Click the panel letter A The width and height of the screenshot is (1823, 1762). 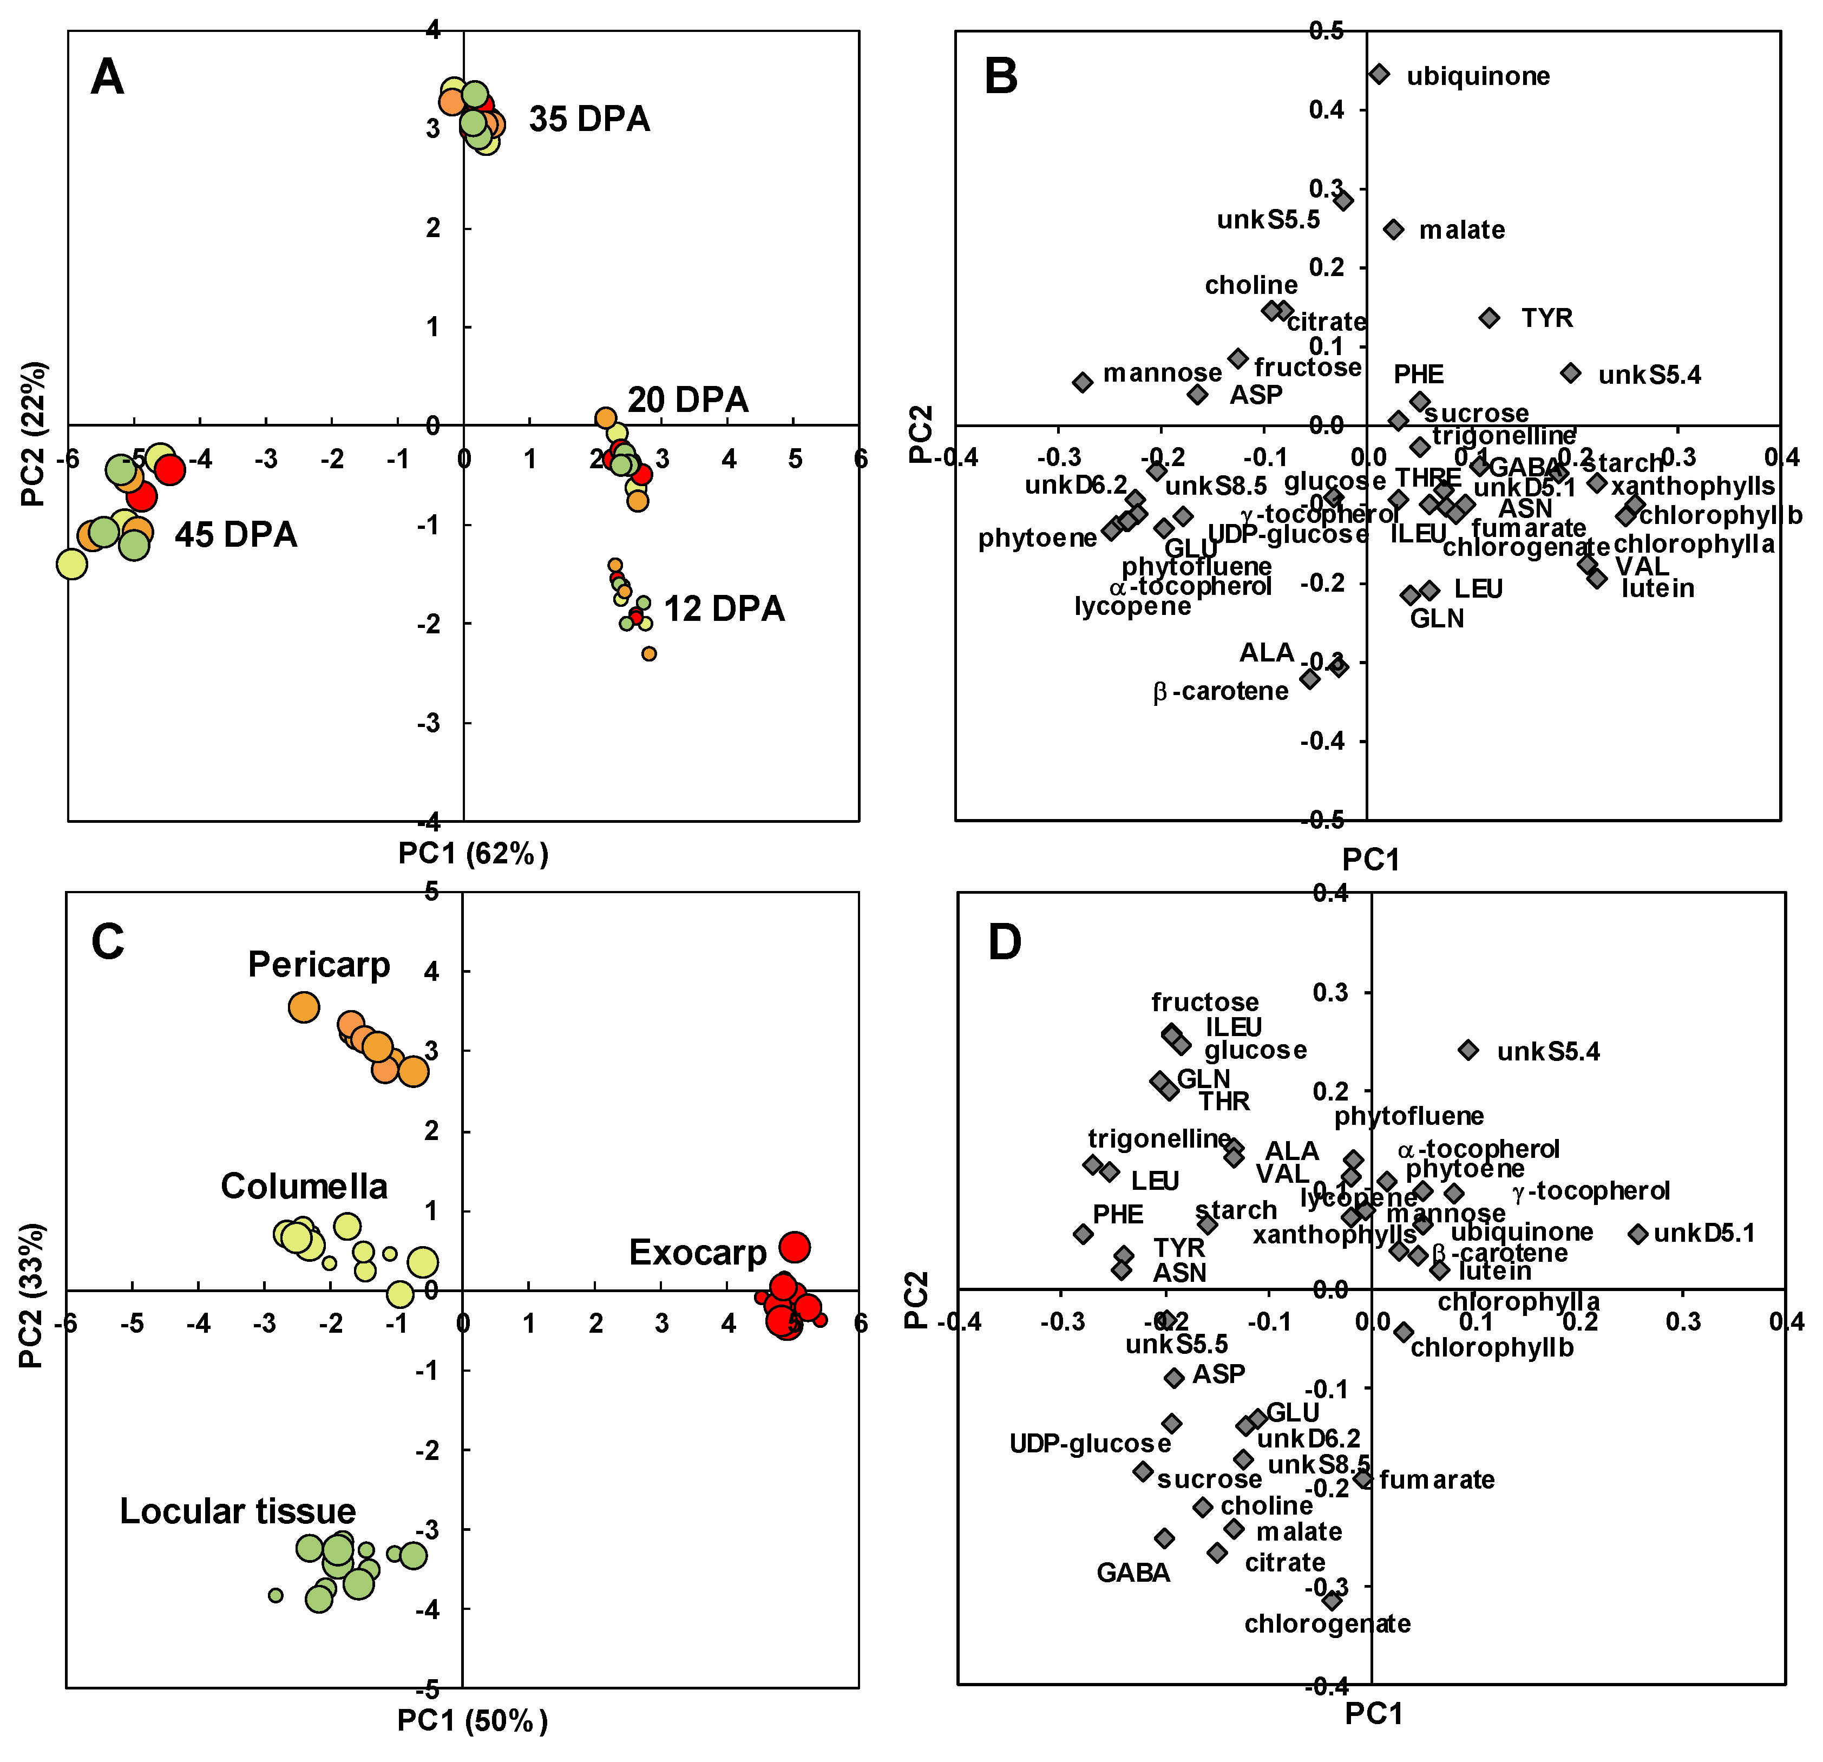tap(107, 77)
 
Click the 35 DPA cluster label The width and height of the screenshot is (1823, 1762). tap(589, 119)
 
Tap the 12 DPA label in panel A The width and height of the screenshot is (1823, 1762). tap(724, 610)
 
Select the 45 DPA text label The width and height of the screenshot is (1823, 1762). tap(236, 535)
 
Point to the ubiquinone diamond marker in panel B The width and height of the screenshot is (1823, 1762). tap(1379, 74)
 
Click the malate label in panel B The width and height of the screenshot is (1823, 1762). tap(1461, 230)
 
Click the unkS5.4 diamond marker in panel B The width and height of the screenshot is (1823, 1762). tap(1571, 373)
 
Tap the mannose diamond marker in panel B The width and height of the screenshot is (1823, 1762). tap(1081, 382)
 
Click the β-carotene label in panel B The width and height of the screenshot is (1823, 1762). tap(1220, 691)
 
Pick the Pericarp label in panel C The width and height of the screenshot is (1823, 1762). tap(319, 965)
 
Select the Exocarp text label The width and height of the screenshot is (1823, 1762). tap(698, 1253)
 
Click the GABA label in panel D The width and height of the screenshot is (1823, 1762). tap(1133, 1572)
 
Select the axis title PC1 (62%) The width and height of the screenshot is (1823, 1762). tap(474, 853)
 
